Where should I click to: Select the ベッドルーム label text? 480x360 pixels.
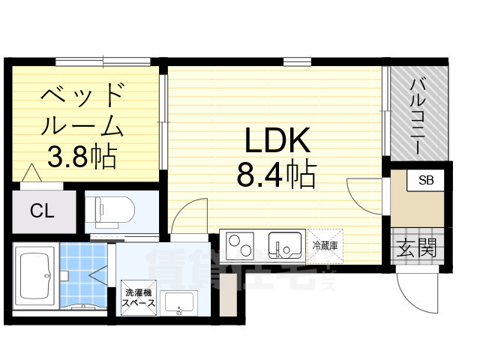click(x=81, y=109)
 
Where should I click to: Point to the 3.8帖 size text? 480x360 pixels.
click(x=81, y=156)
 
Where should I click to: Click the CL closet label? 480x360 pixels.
click(x=42, y=211)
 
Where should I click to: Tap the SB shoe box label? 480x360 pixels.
click(x=425, y=181)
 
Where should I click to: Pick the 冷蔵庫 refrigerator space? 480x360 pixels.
click(x=325, y=244)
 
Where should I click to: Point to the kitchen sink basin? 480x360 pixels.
click(x=285, y=245)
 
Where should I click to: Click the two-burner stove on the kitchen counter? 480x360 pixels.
click(x=241, y=245)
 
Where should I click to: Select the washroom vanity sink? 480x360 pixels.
click(x=179, y=304)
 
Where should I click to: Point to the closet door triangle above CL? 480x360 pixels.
click(x=32, y=175)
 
